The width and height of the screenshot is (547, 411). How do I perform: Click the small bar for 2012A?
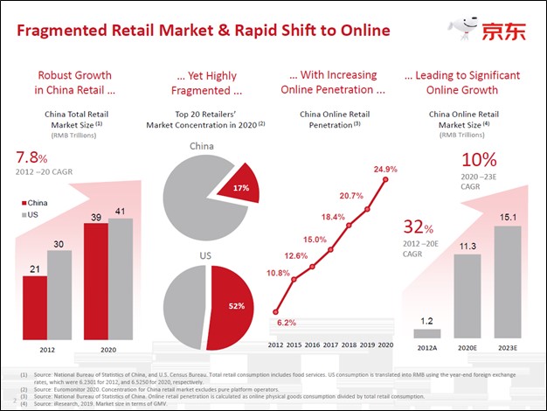427,332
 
